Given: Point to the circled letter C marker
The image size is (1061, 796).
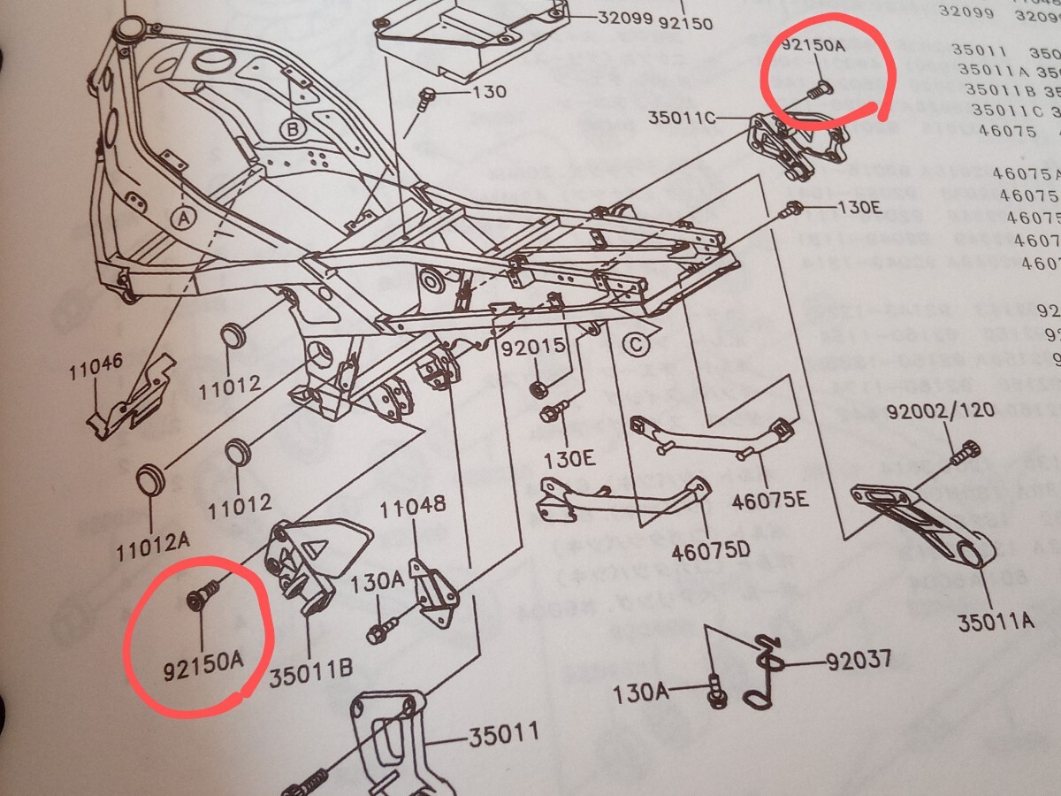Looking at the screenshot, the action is click(x=637, y=346).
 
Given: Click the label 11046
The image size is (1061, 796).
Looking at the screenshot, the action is click(x=96, y=368).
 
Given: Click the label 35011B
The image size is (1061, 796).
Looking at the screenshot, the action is click(x=310, y=676).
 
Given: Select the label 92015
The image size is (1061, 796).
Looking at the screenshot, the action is click(x=533, y=348).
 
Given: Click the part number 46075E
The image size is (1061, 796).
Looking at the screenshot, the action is click(x=770, y=501).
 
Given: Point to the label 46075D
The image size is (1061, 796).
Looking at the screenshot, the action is click(x=710, y=551).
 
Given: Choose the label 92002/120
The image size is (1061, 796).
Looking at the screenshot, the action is click(x=941, y=410).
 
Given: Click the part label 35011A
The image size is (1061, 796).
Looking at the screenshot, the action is click(x=995, y=621).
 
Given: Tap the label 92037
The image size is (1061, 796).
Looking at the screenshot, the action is click(x=859, y=661).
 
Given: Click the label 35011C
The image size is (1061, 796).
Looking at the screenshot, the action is click(x=682, y=118).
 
